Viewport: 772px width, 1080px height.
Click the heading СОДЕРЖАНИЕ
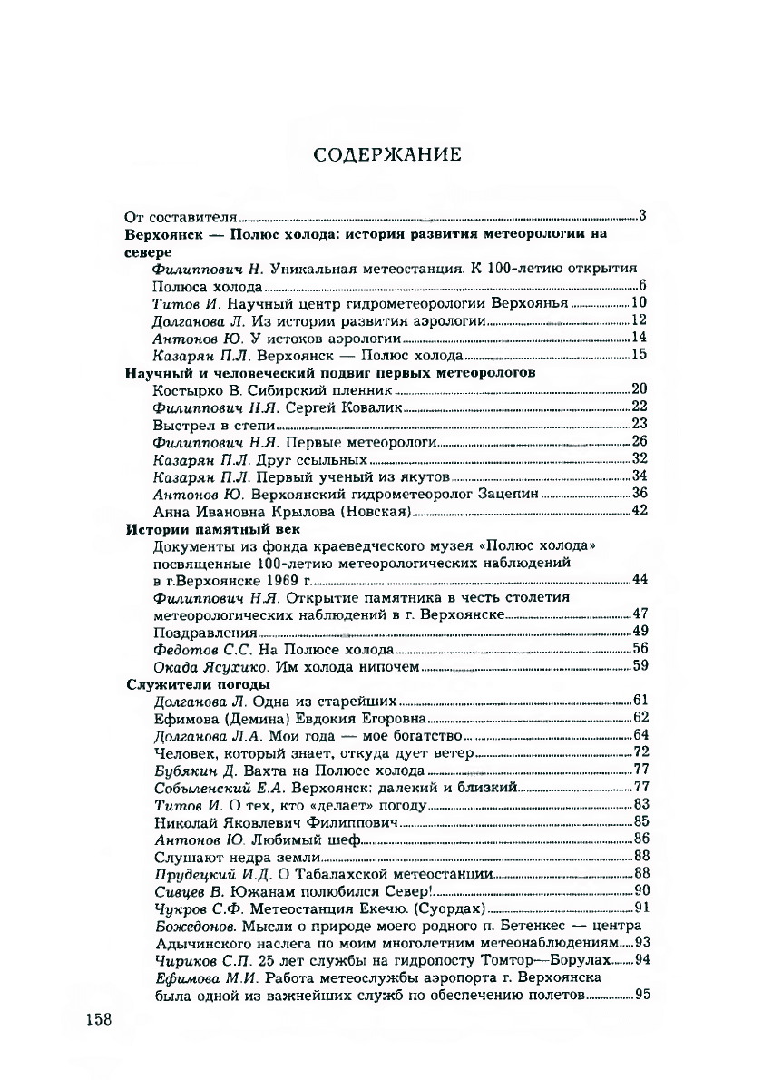click(387, 154)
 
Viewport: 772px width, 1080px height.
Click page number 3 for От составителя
click(641, 215)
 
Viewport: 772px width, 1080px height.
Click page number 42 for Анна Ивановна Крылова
click(638, 511)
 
